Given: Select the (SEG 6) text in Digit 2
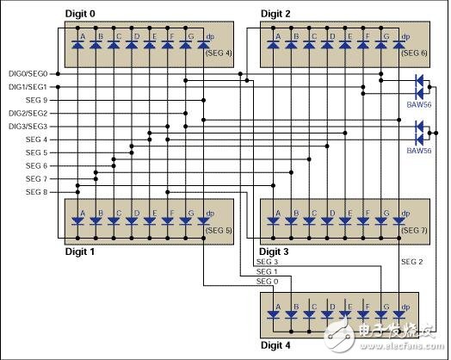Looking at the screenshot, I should (413, 53).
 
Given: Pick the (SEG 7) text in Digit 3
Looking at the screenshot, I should (413, 230).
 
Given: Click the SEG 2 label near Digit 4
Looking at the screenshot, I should (412, 262).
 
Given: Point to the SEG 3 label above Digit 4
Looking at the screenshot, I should (268, 261).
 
